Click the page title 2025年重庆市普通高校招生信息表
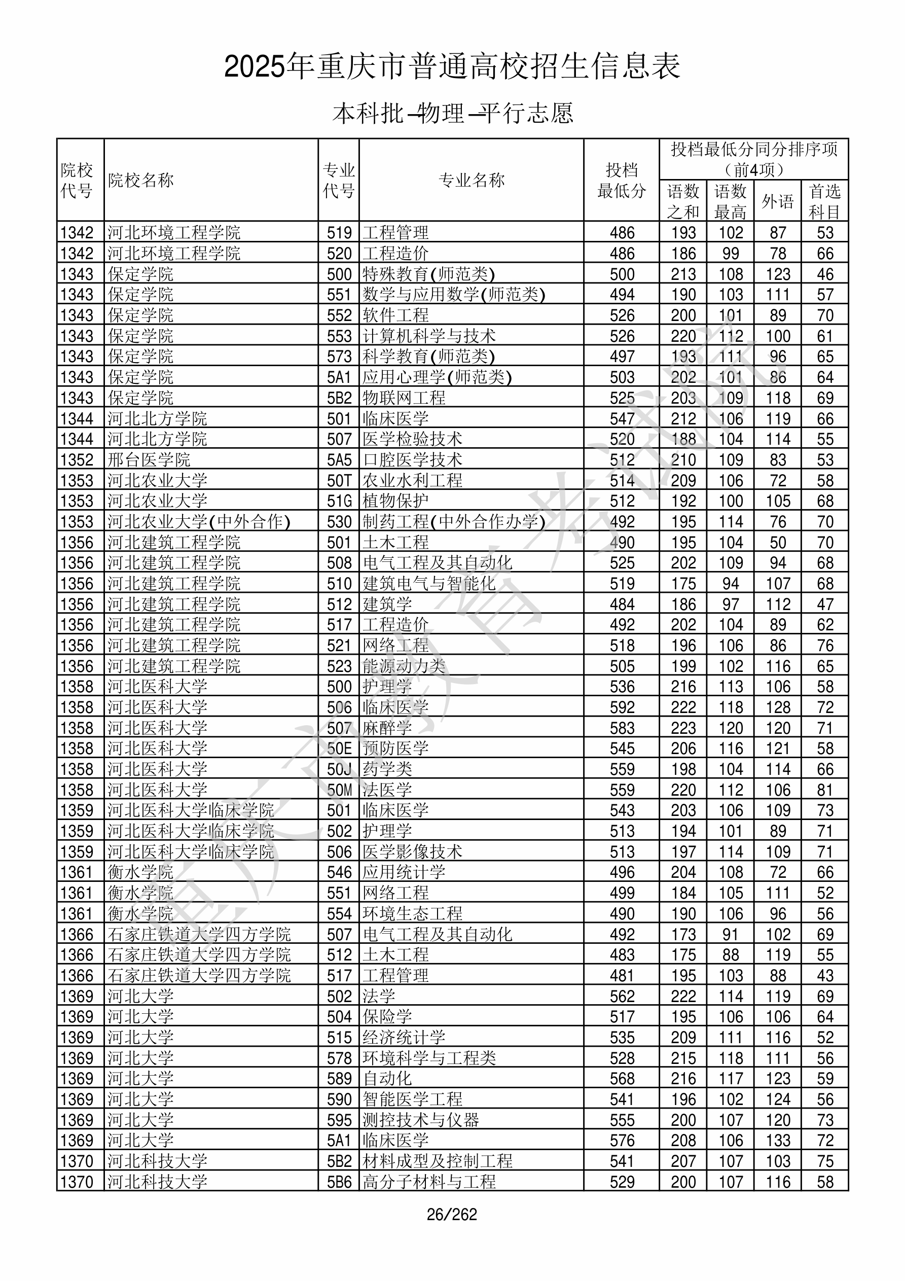[452, 67]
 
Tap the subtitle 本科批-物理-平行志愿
[452, 113]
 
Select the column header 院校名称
[141, 180]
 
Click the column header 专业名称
[472, 180]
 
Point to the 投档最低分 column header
[621, 180]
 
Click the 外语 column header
[777, 201]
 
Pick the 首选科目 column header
[825, 201]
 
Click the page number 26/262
[452, 1215]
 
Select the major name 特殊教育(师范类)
[428, 274]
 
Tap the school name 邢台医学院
[149, 460]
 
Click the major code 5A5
[339, 460]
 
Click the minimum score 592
[622, 707]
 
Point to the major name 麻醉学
[387, 728]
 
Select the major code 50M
[339, 790]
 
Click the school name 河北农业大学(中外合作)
[199, 522]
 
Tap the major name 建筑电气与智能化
[429, 584]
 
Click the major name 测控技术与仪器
[421, 1120]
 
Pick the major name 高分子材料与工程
[429, 1182]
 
